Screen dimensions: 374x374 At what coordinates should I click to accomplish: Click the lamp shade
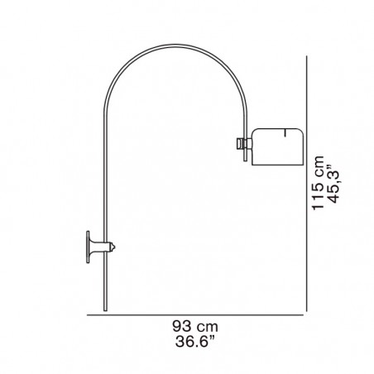pos(278,146)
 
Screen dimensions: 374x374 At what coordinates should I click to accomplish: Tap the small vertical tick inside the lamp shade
pos(285,132)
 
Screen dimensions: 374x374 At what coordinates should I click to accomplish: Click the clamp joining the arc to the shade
pos(244,144)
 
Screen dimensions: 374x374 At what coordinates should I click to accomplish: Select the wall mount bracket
pos(100,247)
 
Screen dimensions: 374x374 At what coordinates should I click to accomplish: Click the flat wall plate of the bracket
pos(88,247)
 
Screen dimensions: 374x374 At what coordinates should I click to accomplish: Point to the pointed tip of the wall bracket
pos(115,247)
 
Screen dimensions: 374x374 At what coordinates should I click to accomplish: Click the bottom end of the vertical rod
pos(105,311)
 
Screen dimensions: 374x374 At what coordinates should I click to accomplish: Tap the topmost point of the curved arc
pos(175,45)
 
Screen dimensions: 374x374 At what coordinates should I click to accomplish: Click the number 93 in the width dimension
pos(182,327)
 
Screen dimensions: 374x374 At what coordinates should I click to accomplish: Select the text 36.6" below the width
pos(194,342)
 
